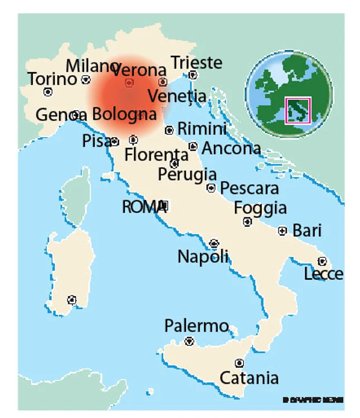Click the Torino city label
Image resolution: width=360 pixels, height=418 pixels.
pyautogui.click(x=52, y=79)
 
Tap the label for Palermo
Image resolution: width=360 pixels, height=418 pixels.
pyautogui.click(x=196, y=326)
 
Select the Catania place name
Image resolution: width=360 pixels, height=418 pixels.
pyautogui.click(x=249, y=378)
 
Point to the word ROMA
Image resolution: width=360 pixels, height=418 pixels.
pyautogui.click(x=141, y=207)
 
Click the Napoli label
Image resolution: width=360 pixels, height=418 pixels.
pyautogui.click(x=203, y=257)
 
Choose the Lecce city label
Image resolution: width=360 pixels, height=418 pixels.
pyautogui.click(x=323, y=274)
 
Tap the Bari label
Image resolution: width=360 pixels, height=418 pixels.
pyautogui.click(x=307, y=230)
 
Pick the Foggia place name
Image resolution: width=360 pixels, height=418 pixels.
pyautogui.click(x=260, y=208)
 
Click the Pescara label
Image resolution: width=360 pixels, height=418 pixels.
pyautogui.click(x=249, y=188)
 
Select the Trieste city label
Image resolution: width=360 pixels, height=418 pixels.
pyautogui.click(x=196, y=62)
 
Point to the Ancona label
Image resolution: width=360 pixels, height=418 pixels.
pyautogui.click(x=231, y=149)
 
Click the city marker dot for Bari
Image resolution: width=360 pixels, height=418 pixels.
pyautogui.click(x=283, y=231)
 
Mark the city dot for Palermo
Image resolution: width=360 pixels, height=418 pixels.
pyautogui.click(x=189, y=341)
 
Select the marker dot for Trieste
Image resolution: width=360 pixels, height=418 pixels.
pyautogui.click(x=193, y=75)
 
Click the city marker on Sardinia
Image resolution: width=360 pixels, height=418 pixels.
pyautogui.click(x=71, y=300)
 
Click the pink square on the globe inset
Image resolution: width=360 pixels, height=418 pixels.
pyautogui.click(x=298, y=110)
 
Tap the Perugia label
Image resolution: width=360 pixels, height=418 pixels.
pyautogui.click(x=187, y=174)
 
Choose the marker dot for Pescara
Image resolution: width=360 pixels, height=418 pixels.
pyautogui.click(x=211, y=188)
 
